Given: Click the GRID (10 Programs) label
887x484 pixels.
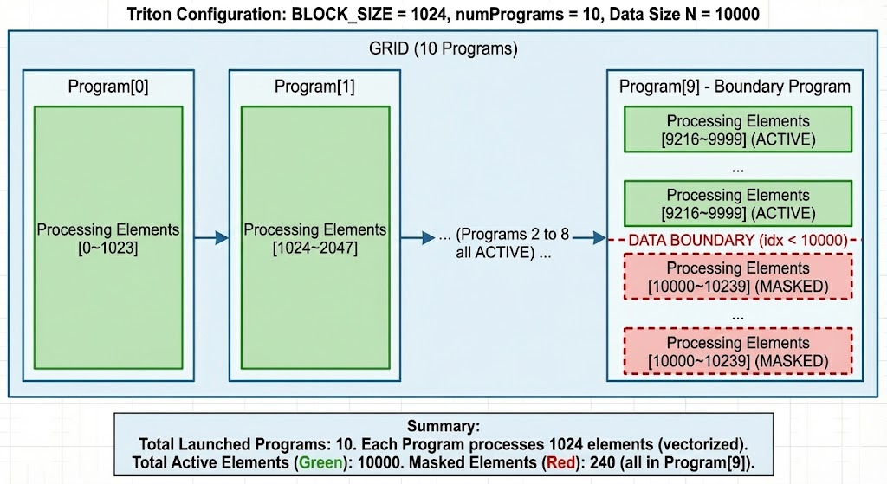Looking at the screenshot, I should (x=443, y=49).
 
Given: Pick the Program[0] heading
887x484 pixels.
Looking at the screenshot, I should (x=107, y=87).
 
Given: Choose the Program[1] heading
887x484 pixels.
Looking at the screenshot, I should (x=314, y=87).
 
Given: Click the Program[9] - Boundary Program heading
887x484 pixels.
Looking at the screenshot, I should (x=735, y=87).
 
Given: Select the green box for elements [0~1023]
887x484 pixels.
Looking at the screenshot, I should (x=107, y=237).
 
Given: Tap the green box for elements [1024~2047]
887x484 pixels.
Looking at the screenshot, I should (x=314, y=237).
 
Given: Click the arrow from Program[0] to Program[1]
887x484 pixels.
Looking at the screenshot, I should (x=210, y=237).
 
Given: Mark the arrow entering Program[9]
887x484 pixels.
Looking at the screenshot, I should (x=589, y=237).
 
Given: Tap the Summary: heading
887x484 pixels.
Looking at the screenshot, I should (x=443, y=427).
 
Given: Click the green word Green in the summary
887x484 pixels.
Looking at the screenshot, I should (x=320, y=463).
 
